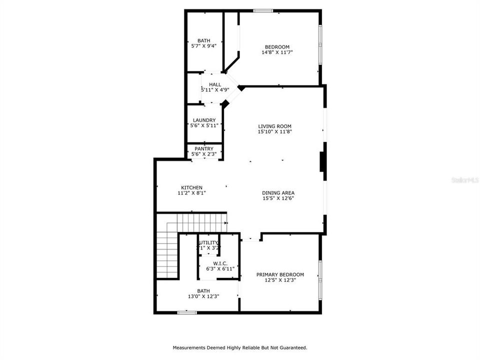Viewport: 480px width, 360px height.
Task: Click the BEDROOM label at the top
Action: (277, 47)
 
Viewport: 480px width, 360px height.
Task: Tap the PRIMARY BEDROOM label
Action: (280, 274)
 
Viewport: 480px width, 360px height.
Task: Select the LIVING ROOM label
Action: (274, 126)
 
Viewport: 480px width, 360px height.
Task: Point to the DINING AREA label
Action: (278, 193)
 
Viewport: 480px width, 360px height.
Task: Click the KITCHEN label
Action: (191, 187)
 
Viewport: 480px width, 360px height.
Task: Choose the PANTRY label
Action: (204, 149)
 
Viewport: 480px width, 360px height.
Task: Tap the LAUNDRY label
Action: (204, 120)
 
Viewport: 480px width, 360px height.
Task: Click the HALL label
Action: (215, 84)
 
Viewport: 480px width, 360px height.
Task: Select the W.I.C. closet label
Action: (220, 263)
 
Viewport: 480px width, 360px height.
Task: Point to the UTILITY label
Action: (208, 243)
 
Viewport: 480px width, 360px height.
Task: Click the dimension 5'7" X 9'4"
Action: (203, 46)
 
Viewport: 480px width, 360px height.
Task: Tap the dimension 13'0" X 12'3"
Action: (203, 296)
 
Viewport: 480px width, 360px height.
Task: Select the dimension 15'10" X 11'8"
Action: (274, 132)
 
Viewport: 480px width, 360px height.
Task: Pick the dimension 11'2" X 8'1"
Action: (191, 193)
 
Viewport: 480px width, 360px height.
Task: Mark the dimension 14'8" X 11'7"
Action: (277, 52)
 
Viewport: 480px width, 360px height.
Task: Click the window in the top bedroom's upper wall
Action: (262, 10)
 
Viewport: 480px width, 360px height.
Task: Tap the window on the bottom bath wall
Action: (187, 312)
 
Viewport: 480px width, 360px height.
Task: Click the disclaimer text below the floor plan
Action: (240, 347)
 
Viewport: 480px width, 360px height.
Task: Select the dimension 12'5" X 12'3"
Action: (280, 280)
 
